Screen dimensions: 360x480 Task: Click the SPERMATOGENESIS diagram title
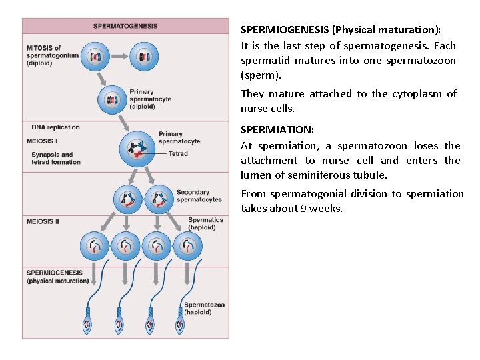125,26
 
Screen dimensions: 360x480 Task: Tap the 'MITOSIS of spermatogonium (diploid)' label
53,55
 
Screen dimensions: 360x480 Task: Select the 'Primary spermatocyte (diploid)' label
151,99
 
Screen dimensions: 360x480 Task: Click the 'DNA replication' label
55,127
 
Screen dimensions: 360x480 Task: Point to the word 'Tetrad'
178,153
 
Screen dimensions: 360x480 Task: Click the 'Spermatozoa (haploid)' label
204,308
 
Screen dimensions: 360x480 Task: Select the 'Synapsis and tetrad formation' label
56,158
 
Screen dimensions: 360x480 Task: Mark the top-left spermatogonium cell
95,57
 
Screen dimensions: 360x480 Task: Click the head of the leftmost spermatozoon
89,325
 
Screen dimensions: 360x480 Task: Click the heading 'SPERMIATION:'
277,130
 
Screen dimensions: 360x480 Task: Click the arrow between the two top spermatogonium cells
119,57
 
